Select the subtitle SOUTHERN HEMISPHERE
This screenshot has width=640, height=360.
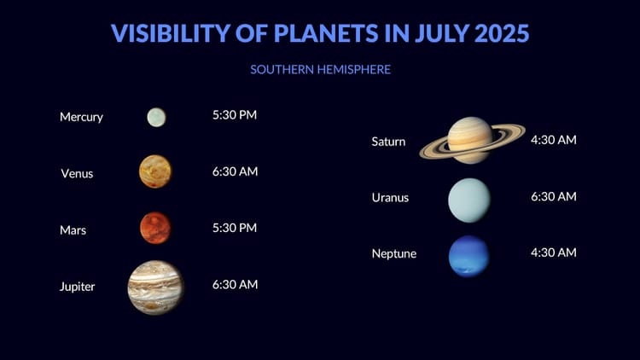[x=320, y=69]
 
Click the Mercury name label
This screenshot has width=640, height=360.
[x=81, y=117]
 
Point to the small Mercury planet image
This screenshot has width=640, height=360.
[x=156, y=117]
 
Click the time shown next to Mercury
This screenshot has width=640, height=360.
[x=235, y=114]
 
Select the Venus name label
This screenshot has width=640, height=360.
[x=77, y=173]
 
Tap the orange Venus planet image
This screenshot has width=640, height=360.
[x=155, y=171]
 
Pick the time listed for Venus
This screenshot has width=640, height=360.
[x=235, y=171]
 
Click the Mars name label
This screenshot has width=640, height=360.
[x=73, y=229]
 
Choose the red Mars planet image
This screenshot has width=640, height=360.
[x=155, y=228]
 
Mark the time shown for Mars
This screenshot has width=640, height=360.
[x=235, y=228]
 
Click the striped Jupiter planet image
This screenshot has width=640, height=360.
[x=156, y=287]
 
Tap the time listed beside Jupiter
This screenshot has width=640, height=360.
[x=235, y=285]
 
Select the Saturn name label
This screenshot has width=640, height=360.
[x=388, y=142]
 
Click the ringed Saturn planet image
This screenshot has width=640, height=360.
[x=471, y=139]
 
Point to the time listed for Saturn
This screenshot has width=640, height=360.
[x=553, y=139]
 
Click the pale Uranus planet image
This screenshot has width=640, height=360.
[x=469, y=200]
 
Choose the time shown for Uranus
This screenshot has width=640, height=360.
[x=553, y=196]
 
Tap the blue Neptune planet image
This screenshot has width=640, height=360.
[x=469, y=256]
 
